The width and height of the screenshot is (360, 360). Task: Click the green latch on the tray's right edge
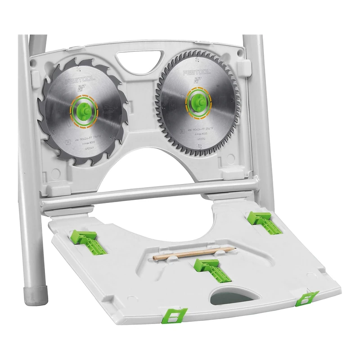tap(306, 298)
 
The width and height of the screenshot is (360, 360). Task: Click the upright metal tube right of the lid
tap(261, 112)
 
